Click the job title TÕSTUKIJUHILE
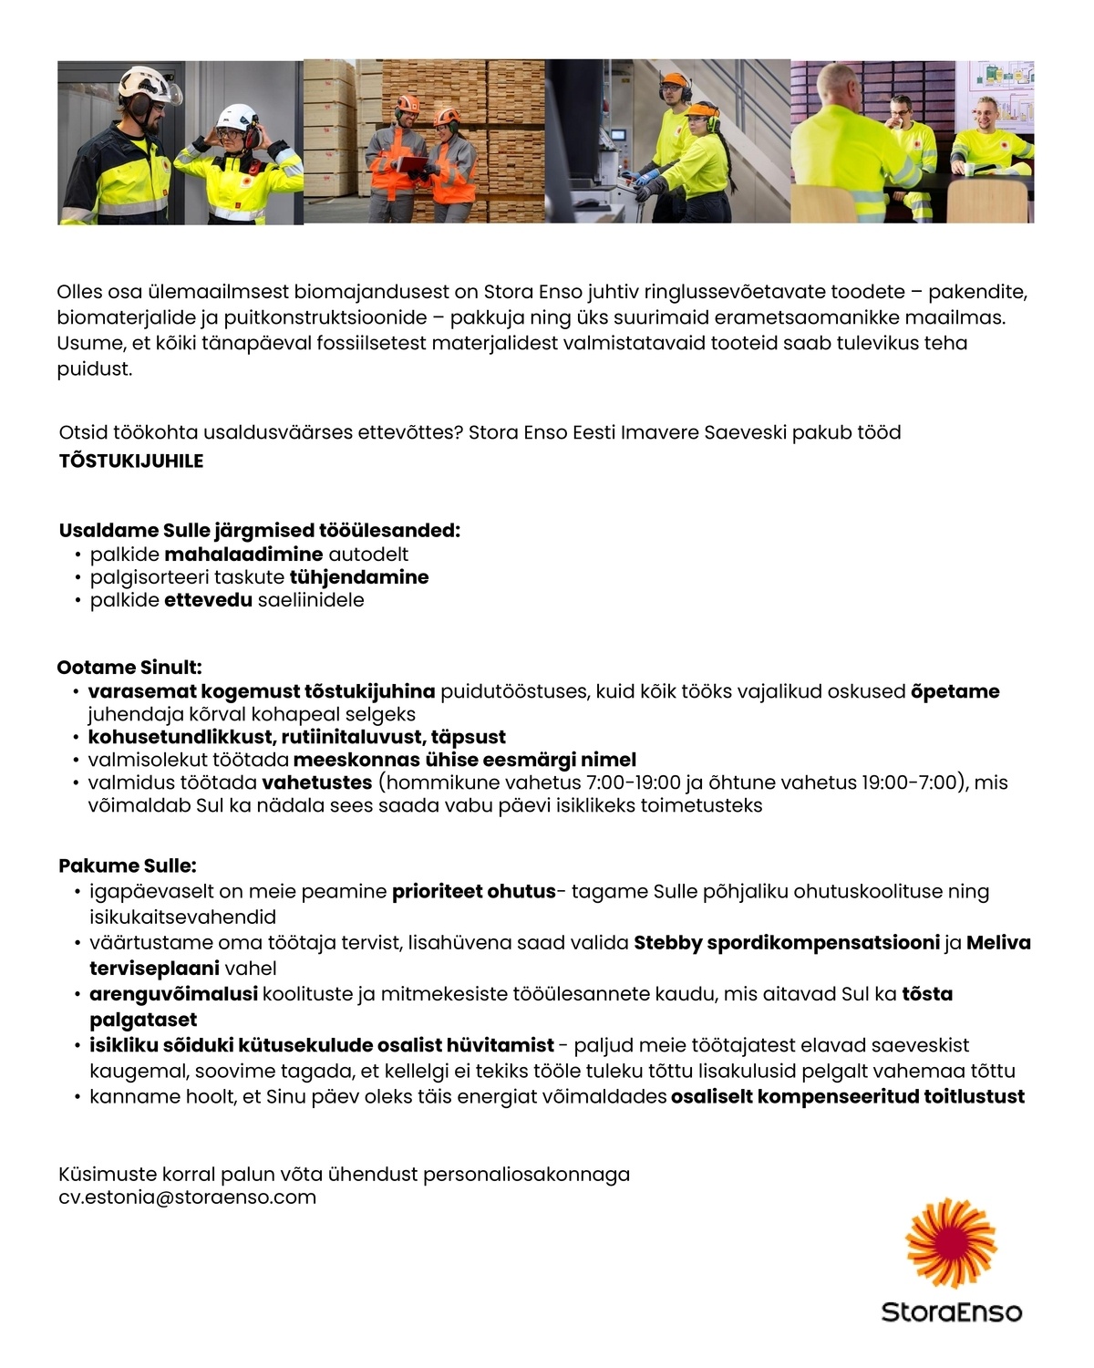point(130,461)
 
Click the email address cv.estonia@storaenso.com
point(187,1197)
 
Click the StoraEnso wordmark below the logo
point(951,1312)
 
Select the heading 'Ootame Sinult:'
point(129,668)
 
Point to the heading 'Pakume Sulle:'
point(128,865)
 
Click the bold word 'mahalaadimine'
point(243,554)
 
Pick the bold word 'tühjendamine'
point(358,577)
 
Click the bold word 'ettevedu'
point(208,600)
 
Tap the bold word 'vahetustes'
point(316,782)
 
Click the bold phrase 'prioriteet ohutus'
point(473,891)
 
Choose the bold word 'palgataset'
point(143,1020)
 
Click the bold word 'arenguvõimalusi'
point(173,994)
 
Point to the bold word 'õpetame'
point(955,691)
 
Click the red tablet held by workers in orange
point(413,164)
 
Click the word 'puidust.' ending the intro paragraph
point(95,369)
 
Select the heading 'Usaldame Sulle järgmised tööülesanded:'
point(259,531)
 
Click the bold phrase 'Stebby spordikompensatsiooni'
point(786,943)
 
